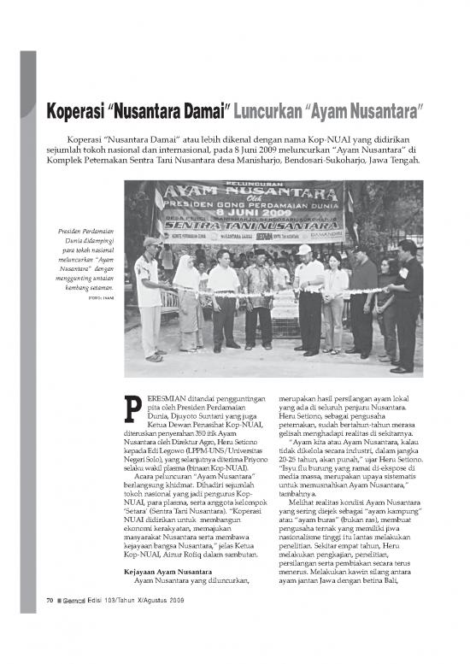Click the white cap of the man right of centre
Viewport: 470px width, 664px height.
[306, 250]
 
